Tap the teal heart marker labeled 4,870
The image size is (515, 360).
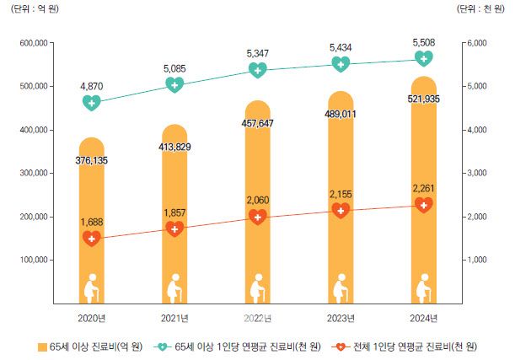pos(92,103)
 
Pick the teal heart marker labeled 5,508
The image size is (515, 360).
pos(424,58)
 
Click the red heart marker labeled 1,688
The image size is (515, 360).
pos(92,239)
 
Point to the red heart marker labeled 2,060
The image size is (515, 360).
pos(258,217)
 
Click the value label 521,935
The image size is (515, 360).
pos(424,99)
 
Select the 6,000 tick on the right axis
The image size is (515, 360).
pos(476,43)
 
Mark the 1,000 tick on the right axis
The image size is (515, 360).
pos(476,260)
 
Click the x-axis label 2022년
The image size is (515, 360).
pos(258,317)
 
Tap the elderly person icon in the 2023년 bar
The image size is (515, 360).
pos(341,288)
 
